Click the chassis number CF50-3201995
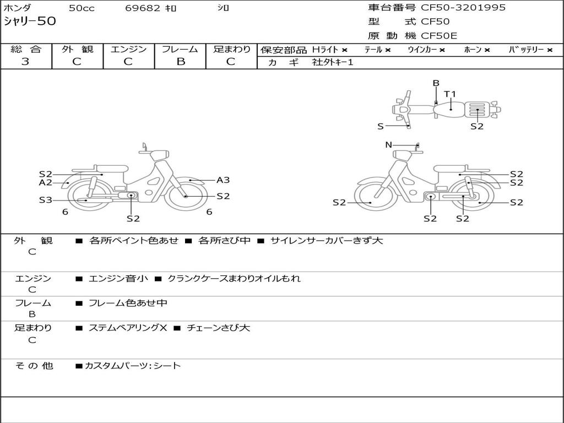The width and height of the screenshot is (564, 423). pyautogui.click(x=463, y=7)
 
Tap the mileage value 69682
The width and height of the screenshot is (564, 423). pyautogui.click(x=143, y=8)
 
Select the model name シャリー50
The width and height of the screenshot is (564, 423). pyautogui.click(x=30, y=21)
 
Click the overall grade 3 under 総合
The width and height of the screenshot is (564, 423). pyautogui.click(x=25, y=62)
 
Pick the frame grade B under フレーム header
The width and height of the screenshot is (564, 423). pyautogui.click(x=181, y=62)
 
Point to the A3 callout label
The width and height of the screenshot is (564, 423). pyautogui.click(x=223, y=180)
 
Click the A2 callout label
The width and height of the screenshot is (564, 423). pyautogui.click(x=46, y=182)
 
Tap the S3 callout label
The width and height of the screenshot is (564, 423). pyautogui.click(x=46, y=199)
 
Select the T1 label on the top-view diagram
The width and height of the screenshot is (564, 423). pyautogui.click(x=450, y=94)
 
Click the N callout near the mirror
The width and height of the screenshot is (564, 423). pyautogui.click(x=388, y=145)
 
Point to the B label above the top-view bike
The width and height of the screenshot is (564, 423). pyautogui.click(x=436, y=83)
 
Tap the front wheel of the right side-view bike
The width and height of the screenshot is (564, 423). pyautogui.click(x=371, y=196)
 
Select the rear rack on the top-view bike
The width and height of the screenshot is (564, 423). pyautogui.click(x=477, y=110)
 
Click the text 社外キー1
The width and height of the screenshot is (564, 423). pyautogui.click(x=333, y=62)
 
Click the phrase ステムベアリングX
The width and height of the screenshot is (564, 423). pyautogui.click(x=128, y=328)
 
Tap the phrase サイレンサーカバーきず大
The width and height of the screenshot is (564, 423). pyautogui.click(x=326, y=240)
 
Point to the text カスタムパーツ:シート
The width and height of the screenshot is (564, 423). pyautogui.click(x=132, y=366)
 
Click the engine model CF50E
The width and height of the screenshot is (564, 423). pyautogui.click(x=439, y=36)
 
